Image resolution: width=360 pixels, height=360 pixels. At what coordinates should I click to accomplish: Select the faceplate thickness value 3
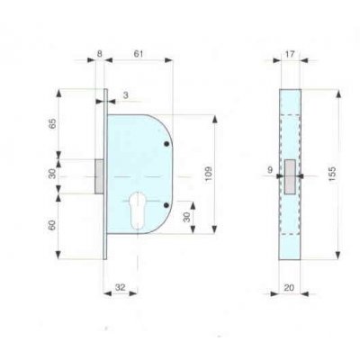pos(124,94)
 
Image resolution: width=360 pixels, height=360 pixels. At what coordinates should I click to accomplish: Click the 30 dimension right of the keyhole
pos(184,217)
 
